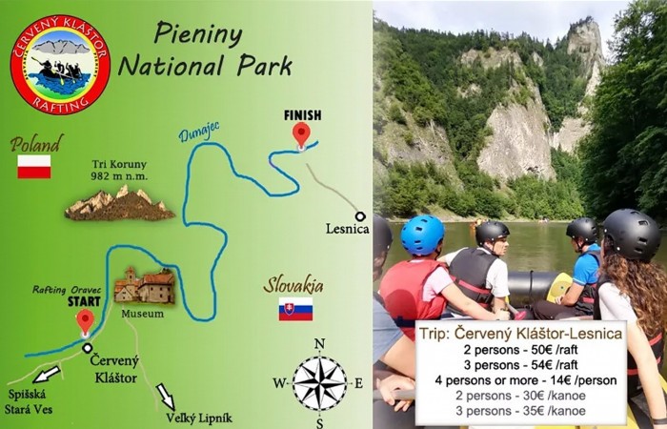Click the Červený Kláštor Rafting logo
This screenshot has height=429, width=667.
tap(60, 64)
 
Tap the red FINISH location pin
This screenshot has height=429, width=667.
tap(302, 133)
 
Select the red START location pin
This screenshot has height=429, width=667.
tap(85, 321)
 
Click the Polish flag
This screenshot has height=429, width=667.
tap(33, 167)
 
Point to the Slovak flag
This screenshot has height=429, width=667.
tap(295, 309)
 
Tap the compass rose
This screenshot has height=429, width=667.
tap(319, 383)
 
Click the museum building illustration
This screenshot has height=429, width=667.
tap(144, 286)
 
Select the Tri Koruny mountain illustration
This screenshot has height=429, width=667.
tap(119, 203)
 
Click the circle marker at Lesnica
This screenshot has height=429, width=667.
tap(360, 216)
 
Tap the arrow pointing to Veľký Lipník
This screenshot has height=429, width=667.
tap(165, 393)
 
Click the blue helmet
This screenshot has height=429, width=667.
tap(422, 235)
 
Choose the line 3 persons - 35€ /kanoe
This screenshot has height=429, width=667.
tap(519, 411)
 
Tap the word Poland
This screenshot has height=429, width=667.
tap(36, 144)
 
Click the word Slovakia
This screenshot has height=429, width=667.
tap(293, 285)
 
